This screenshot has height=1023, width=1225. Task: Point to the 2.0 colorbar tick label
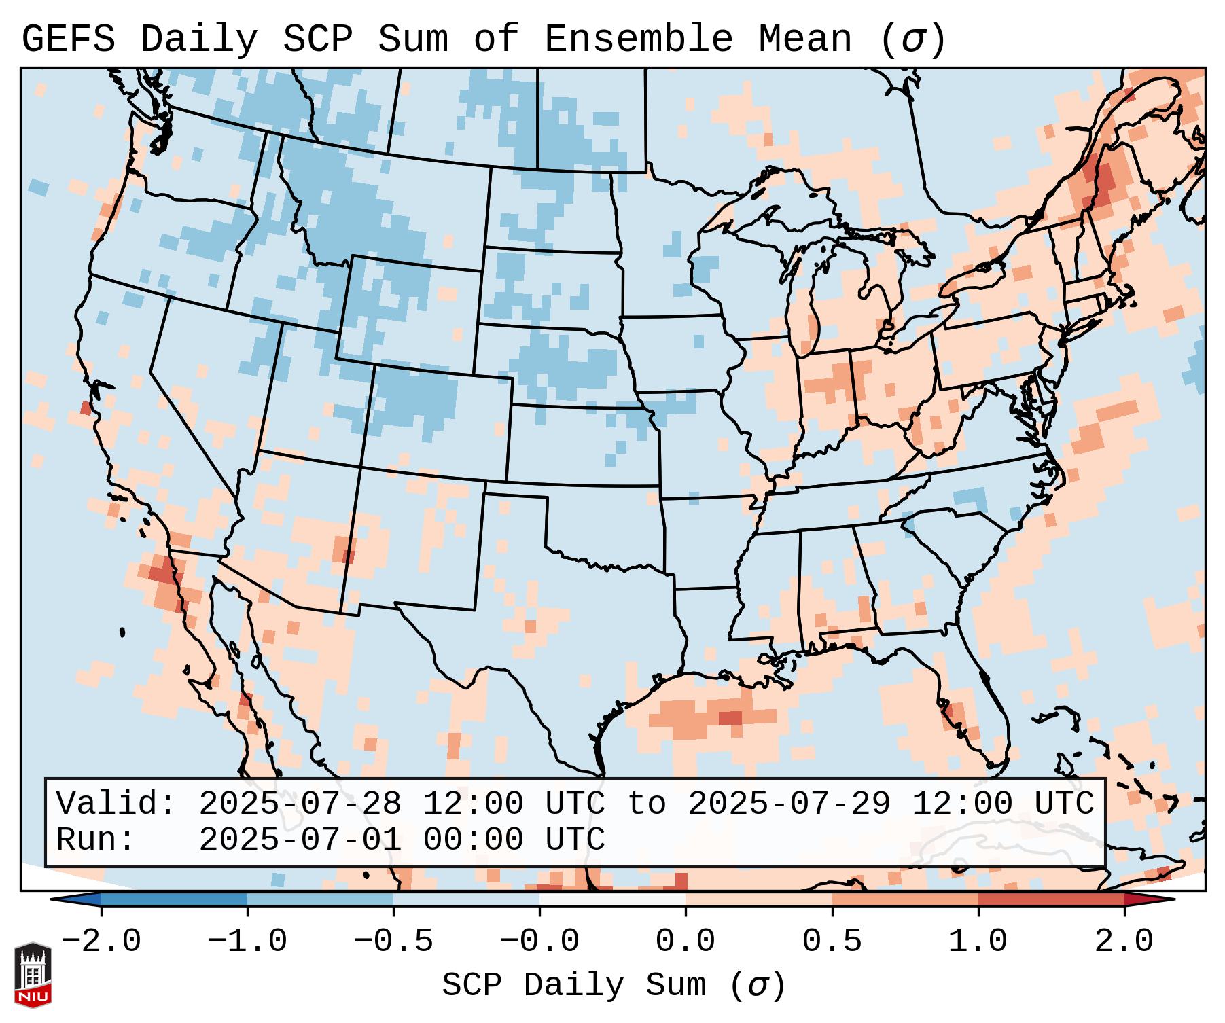1124,941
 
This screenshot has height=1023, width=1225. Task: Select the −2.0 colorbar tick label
101,941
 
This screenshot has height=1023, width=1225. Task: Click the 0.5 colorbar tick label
832,941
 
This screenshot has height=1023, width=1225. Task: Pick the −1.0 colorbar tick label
247,941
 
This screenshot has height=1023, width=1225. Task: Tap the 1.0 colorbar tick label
978,941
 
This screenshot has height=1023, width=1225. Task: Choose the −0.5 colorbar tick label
393,941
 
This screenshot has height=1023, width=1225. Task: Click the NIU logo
33,974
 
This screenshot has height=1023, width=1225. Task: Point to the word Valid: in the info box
116,804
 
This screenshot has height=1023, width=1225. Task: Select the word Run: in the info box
95,840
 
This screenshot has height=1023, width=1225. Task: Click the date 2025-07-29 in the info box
789,804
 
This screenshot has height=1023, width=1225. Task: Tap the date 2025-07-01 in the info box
300,840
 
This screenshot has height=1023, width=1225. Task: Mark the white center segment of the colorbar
612,899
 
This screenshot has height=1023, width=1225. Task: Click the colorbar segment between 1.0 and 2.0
1051,899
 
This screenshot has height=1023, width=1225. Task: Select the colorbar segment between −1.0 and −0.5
320,899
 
